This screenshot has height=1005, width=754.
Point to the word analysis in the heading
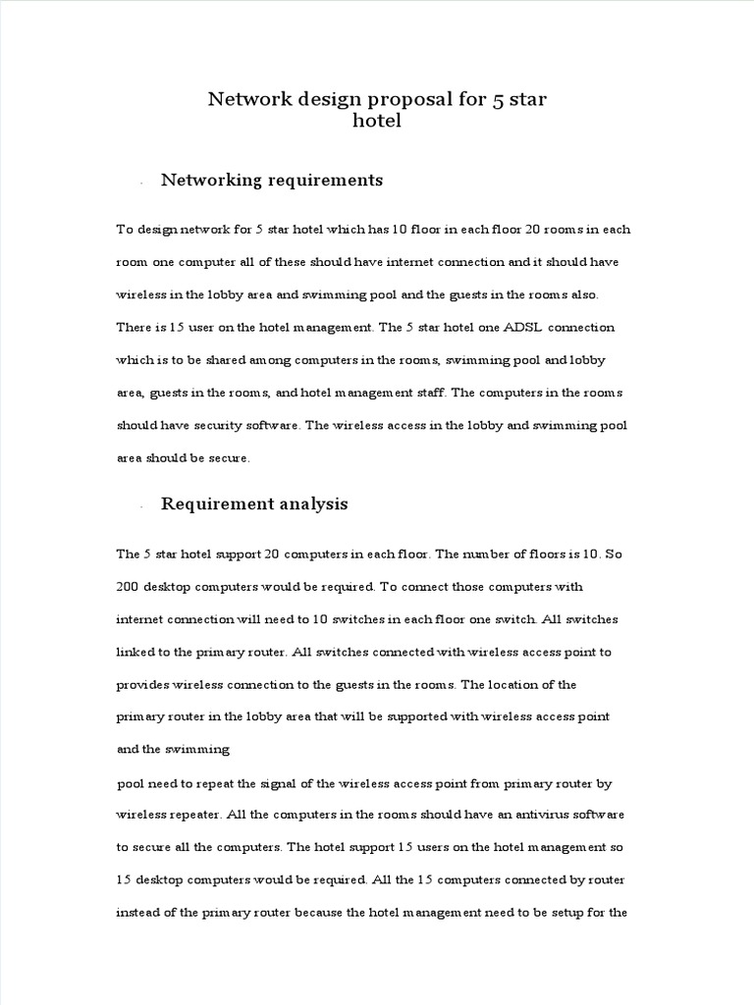310,504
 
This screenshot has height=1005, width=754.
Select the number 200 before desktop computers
128,586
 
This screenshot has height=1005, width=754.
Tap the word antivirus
534,816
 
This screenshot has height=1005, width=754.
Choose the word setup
573,912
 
